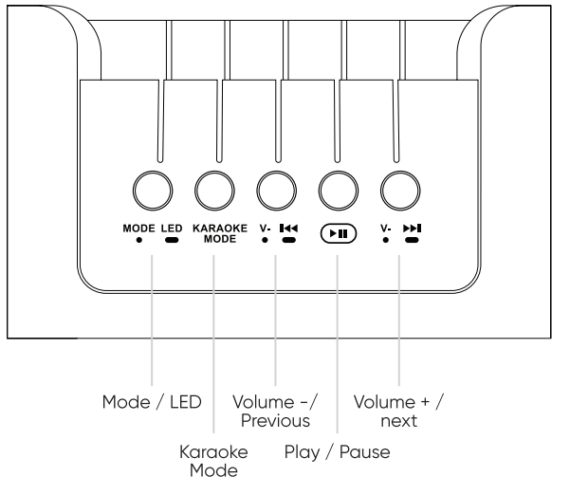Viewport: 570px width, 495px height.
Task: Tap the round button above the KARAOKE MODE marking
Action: click(214, 190)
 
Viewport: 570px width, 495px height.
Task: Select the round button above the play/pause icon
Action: click(338, 190)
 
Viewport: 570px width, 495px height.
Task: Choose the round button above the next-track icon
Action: click(399, 190)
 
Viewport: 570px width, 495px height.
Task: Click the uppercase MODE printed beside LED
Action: click(138, 228)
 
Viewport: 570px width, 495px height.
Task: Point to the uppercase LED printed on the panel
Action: click(171, 228)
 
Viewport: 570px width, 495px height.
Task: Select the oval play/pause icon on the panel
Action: click(338, 233)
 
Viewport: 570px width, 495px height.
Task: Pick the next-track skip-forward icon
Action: click(412, 228)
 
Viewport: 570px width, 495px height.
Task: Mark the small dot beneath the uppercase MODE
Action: click(138, 240)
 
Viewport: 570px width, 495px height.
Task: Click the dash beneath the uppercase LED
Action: click(171, 240)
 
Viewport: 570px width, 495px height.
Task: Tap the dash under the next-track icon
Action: click(412, 240)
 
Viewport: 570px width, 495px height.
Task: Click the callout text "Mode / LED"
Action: click(152, 402)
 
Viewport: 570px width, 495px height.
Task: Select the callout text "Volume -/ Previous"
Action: click(275, 411)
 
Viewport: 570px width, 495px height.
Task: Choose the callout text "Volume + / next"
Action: click(398, 411)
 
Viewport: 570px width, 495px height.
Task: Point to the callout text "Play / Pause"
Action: click(337, 453)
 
